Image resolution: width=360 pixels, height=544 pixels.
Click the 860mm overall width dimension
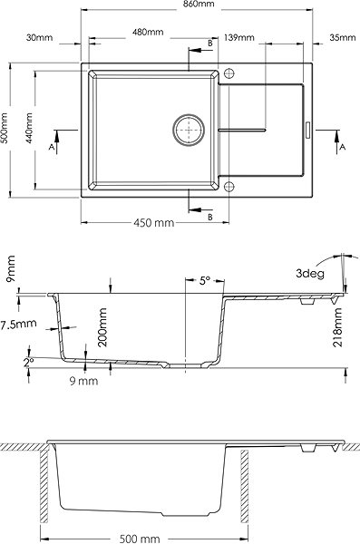click(198, 5)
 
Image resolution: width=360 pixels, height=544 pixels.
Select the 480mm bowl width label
click(148, 32)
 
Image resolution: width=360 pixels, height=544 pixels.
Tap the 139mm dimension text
click(239, 37)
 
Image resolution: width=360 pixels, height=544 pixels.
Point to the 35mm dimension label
click(343, 37)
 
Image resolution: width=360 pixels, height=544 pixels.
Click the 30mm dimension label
click(40, 37)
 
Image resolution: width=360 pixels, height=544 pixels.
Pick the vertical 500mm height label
click(5, 127)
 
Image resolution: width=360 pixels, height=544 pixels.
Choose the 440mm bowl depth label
click(29, 128)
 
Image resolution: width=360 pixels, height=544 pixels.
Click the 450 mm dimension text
click(154, 222)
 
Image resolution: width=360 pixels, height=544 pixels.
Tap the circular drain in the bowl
click(189, 130)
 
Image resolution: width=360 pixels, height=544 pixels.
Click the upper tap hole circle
click(229, 73)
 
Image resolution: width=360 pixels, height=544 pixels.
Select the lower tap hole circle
click(229, 186)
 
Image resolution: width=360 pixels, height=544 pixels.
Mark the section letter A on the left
click(52, 147)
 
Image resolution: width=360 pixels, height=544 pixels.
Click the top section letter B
click(210, 43)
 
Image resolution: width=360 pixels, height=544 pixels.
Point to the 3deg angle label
click(310, 274)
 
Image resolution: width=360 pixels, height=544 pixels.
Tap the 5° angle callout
click(205, 280)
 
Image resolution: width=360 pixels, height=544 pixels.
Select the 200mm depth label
click(102, 327)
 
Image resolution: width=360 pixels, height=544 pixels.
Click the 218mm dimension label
click(337, 327)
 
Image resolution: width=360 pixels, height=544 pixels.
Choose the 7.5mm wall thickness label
click(18, 325)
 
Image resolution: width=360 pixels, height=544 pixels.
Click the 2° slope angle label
click(28, 363)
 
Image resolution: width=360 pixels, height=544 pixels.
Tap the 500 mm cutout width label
click(140, 539)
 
